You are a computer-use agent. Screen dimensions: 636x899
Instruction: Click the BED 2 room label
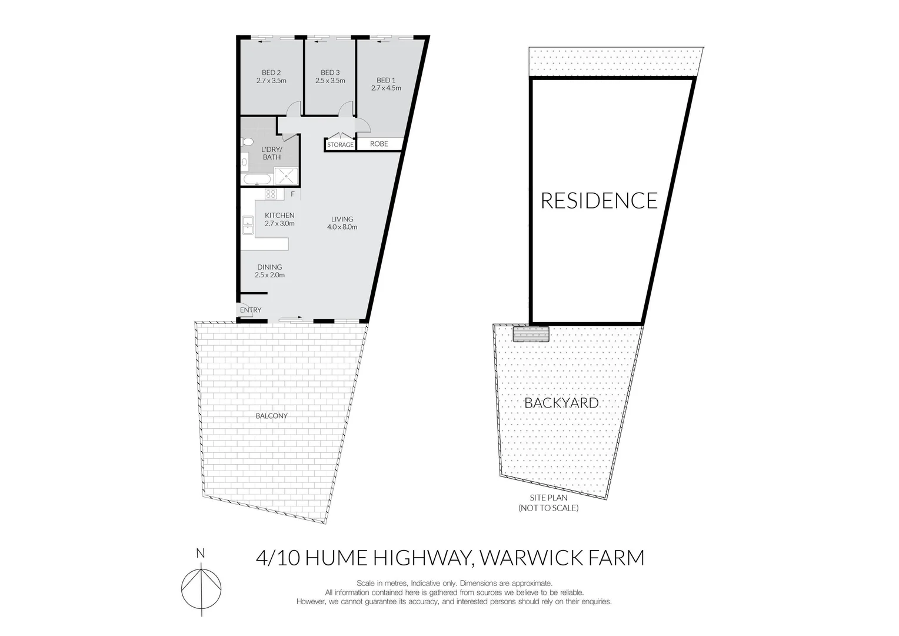pos(271,72)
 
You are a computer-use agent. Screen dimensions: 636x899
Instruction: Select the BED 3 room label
pos(330,72)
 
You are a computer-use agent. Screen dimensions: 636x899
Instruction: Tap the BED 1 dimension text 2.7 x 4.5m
pos(386,88)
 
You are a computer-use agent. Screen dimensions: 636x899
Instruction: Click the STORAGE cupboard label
pos(340,144)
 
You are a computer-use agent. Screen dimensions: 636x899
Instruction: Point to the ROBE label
pos(379,144)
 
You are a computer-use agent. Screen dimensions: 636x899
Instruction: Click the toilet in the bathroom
pos(247,142)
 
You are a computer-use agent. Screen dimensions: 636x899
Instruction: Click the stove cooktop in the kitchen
pos(271,194)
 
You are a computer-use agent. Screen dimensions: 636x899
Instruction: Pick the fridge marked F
pos(292,194)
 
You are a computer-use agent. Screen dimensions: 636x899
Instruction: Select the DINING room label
pos(269,267)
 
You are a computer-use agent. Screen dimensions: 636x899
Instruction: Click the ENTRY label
pos(251,310)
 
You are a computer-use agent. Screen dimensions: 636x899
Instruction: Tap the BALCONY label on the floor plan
pos(271,416)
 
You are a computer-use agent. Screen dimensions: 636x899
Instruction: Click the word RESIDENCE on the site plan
pos(599,201)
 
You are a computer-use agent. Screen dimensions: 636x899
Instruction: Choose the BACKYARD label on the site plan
pos(561,403)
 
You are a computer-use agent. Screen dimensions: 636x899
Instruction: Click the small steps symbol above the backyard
pos(531,334)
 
